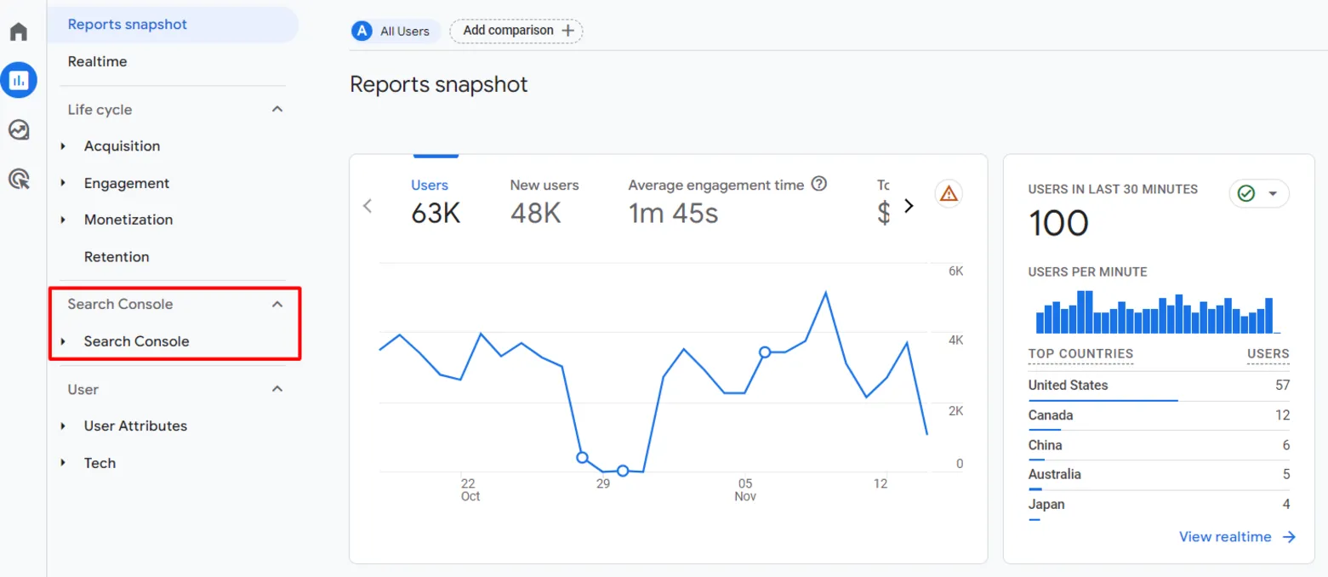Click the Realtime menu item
(97, 61)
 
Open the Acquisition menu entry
(122, 146)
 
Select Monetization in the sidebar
(128, 220)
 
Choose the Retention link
(117, 257)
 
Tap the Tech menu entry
(100, 463)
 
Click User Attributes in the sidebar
(135, 426)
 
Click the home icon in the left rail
(19, 31)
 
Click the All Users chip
(391, 31)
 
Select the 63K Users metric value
(436, 214)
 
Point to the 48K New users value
(535, 214)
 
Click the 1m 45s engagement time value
(673, 214)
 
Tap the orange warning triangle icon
(949, 193)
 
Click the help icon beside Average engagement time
(819, 184)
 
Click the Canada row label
(1051, 415)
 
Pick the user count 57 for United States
(1282, 386)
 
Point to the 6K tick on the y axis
(955, 271)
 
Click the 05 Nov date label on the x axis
(745, 490)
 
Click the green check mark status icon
(1246, 193)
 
